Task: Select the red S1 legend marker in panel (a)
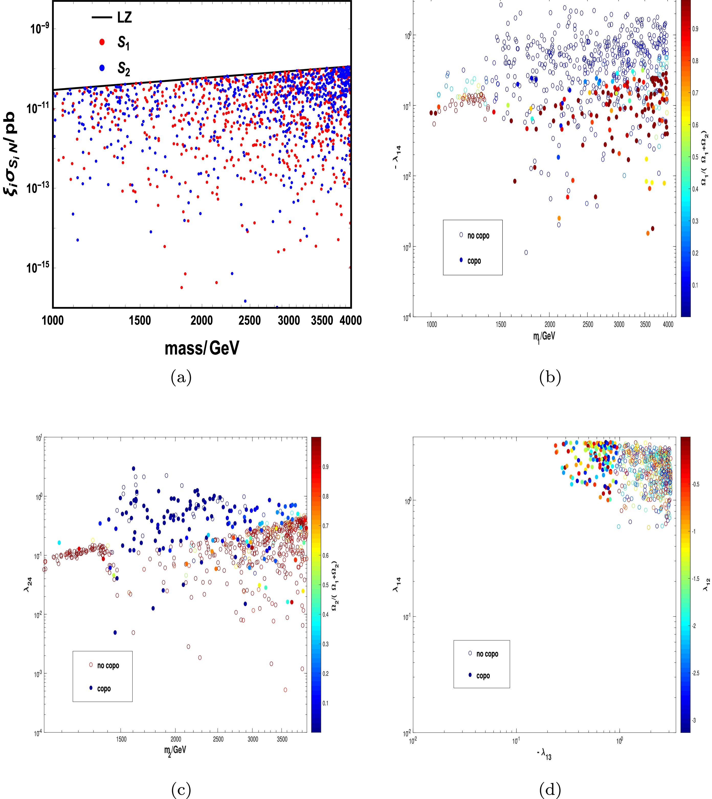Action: click(102, 42)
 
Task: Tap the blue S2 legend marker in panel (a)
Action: click(102, 68)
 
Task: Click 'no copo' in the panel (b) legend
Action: click(478, 236)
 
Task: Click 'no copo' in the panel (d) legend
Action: click(487, 654)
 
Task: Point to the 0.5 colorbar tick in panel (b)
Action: click(696, 157)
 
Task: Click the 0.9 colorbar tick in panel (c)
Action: click(326, 467)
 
